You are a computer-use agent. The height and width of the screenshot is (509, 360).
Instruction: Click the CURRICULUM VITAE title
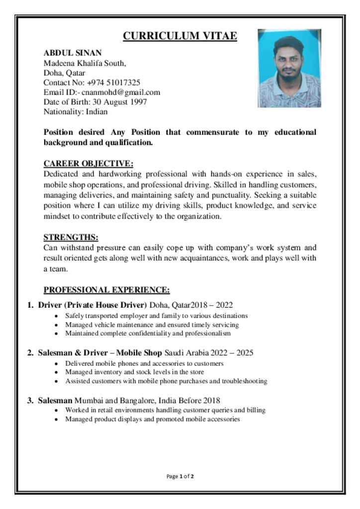point(180,36)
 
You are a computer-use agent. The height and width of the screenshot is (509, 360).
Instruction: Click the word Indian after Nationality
point(97,112)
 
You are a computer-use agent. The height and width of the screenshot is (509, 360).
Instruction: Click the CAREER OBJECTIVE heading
point(89,164)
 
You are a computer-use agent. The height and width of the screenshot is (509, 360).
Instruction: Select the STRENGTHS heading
point(71,237)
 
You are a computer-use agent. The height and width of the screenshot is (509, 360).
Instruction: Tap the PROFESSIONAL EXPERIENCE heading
point(107,290)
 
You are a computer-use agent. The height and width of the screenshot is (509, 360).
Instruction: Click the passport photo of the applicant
point(289,68)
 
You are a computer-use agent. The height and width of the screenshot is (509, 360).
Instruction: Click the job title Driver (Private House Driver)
point(92,305)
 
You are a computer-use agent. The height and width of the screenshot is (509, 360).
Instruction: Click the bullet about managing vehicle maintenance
point(152,325)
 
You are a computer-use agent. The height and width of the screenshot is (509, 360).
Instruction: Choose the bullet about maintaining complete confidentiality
point(148,333)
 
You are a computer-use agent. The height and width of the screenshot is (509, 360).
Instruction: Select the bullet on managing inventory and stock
point(134,372)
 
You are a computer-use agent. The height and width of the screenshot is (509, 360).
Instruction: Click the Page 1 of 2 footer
point(180,477)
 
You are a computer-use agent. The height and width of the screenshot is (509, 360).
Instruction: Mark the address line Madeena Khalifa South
point(85,63)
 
